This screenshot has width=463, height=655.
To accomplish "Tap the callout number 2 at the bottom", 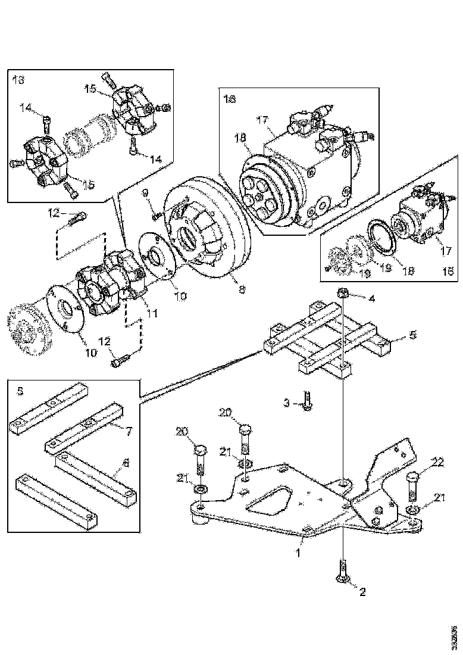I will pyautogui.click(x=361, y=592).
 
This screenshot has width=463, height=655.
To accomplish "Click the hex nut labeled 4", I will pyautogui.click(x=343, y=292).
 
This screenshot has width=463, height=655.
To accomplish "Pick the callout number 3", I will pyautogui.click(x=286, y=404).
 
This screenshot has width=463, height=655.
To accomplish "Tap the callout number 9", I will pyautogui.click(x=145, y=193).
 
